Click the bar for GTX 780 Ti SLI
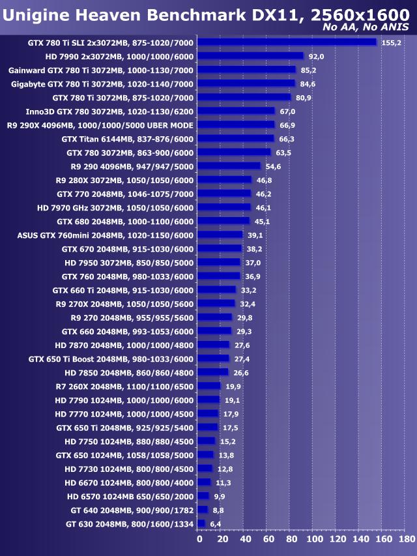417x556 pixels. [x=287, y=42]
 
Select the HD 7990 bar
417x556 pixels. [x=250, y=56]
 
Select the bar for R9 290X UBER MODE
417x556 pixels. [x=236, y=125]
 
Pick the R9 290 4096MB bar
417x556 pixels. [x=229, y=166]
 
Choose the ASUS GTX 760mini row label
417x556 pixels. [x=106, y=235]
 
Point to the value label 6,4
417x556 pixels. [x=216, y=524]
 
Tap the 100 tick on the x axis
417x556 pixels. [x=315, y=540]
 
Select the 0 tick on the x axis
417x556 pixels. [x=199, y=540]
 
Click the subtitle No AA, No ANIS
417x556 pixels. [x=366, y=27]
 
